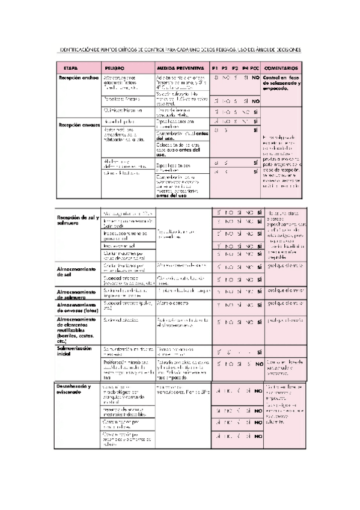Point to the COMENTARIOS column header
tap(281, 68)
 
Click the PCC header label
tap(255, 68)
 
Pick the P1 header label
tap(215, 68)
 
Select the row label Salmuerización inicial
tap(73, 352)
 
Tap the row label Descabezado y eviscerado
tap(74, 389)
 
